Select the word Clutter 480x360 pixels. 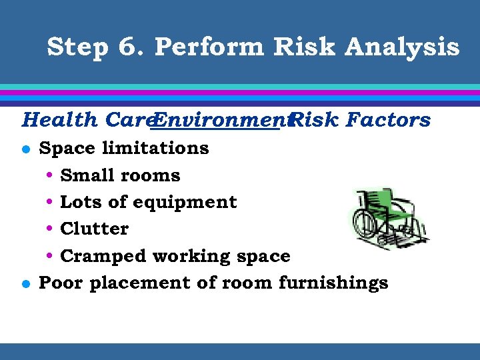point(94,229)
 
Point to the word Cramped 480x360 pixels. point(103,256)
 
